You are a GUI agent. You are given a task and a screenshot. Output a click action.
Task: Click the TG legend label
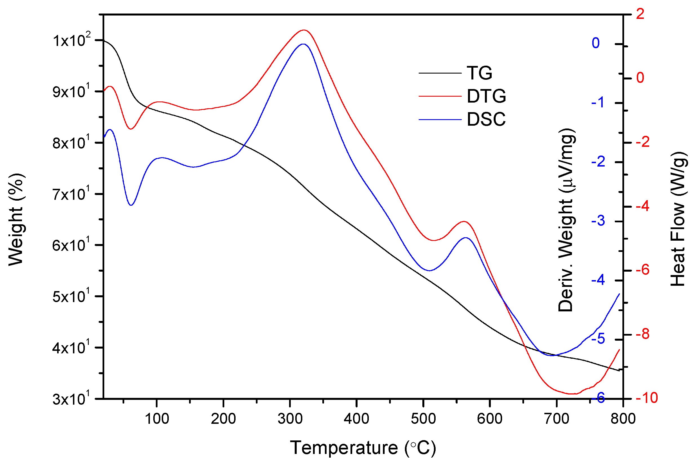(x=479, y=73)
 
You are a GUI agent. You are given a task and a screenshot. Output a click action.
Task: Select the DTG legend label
(x=486, y=96)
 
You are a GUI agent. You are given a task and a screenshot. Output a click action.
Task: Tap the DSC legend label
(x=486, y=119)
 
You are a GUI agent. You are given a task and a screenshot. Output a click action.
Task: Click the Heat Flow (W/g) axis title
(x=678, y=219)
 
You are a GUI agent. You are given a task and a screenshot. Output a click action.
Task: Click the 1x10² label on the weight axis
(x=72, y=40)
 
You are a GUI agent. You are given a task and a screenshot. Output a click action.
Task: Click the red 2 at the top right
(x=640, y=14)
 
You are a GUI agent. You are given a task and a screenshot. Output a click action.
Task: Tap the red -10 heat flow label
(x=646, y=398)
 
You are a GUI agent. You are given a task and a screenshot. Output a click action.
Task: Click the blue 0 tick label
(x=596, y=43)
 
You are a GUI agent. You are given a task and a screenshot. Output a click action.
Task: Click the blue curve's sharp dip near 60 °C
(x=131, y=205)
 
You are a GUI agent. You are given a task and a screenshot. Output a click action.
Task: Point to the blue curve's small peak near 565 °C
(x=466, y=238)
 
